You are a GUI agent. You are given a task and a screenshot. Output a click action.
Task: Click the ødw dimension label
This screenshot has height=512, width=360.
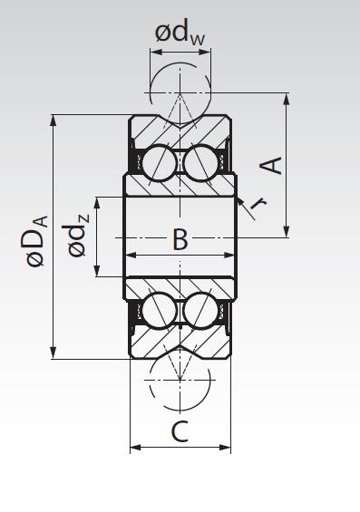[x=180, y=34]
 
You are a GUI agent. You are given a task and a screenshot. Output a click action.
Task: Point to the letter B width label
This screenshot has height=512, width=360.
[x=180, y=240]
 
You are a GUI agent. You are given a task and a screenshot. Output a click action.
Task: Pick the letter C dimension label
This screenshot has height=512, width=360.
[x=180, y=432]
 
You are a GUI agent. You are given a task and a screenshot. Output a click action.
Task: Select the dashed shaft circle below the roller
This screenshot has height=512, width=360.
[x=180, y=381]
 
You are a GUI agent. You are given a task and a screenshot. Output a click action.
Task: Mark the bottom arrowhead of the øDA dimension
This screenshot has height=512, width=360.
[x=56, y=354]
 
